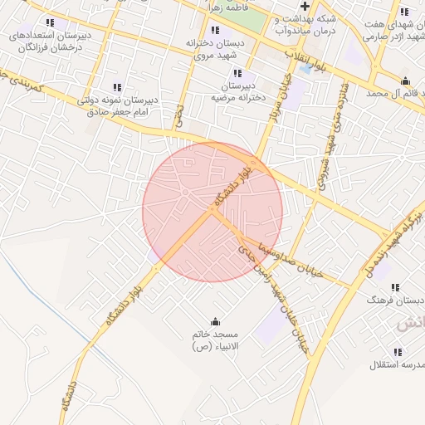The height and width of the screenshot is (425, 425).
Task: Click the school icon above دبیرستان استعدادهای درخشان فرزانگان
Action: tap(50, 23)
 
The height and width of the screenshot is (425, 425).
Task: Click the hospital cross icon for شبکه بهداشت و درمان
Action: tap(305, 7)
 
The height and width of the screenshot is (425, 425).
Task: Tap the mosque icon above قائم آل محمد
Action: tap(404, 81)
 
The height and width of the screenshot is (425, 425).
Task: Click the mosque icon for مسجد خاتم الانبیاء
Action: tap(217, 321)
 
